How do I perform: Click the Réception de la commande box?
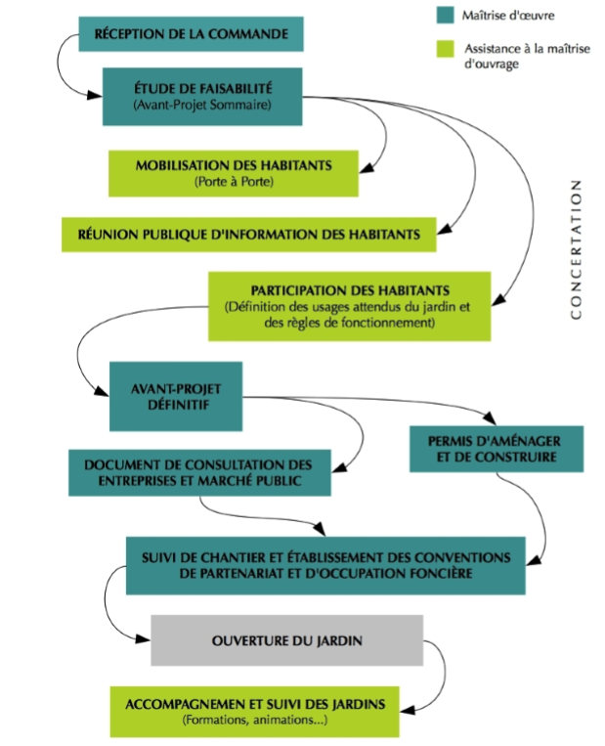[x=191, y=35]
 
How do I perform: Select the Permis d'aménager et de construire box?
[x=497, y=447]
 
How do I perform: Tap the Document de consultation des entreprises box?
[x=197, y=472]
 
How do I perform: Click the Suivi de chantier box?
[x=325, y=565]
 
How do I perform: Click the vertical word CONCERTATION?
[x=576, y=249]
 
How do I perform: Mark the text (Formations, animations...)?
[x=255, y=722]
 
